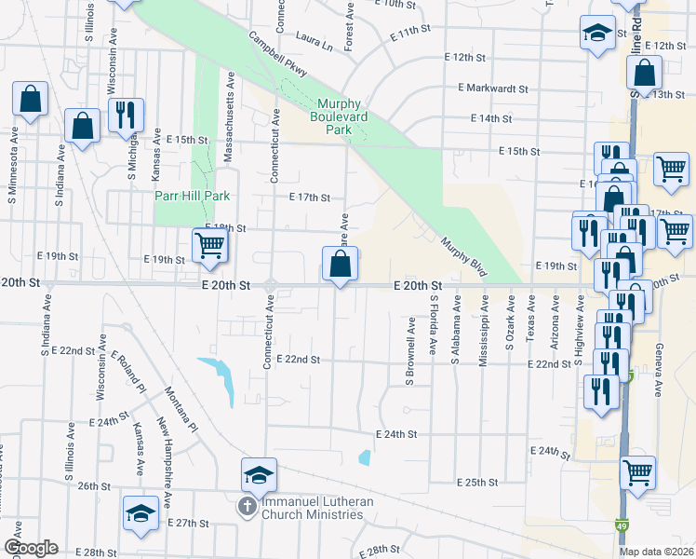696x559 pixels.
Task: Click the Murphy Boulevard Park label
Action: pyautogui.click(x=342, y=116)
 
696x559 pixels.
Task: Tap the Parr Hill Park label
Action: pyautogui.click(x=192, y=197)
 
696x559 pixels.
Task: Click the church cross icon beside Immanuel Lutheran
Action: pyautogui.click(x=247, y=507)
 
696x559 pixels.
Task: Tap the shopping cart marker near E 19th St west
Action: pyautogui.click(x=210, y=246)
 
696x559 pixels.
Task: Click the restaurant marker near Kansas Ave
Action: pyautogui.click(x=124, y=115)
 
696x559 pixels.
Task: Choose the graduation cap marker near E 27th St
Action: pyautogui.click(x=141, y=513)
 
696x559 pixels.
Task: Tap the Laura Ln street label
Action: pyautogui.click(x=314, y=43)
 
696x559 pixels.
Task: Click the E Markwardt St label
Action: pyautogui.click(x=492, y=89)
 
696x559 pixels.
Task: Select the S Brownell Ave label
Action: pyautogui.click(x=410, y=350)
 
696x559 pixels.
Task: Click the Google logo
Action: pyautogui.click(x=31, y=548)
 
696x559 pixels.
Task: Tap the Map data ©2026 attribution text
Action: pyautogui.click(x=657, y=552)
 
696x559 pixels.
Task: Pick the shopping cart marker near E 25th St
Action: pyautogui.click(x=637, y=472)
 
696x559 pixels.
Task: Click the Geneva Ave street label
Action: pyautogui.click(x=658, y=368)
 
